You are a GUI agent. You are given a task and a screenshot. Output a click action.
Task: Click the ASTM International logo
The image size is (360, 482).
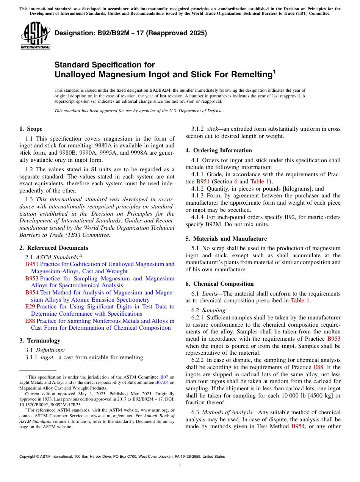(35, 36)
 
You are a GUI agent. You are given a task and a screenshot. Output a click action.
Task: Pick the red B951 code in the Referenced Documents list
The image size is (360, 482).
(31, 264)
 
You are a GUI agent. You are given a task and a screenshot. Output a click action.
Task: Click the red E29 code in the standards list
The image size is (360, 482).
(30, 307)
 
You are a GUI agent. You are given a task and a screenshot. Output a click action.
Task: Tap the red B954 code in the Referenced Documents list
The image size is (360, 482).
(31, 293)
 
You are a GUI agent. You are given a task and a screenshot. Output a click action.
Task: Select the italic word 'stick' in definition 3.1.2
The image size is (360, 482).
(212, 129)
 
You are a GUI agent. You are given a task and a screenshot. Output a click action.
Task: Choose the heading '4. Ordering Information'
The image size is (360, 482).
(219, 150)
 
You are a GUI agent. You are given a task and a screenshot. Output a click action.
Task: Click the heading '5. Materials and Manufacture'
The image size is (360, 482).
(226, 239)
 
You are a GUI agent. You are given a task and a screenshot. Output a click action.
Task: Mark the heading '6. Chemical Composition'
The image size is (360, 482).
(219, 284)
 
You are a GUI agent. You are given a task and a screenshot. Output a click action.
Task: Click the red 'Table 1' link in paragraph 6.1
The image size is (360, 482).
(300, 301)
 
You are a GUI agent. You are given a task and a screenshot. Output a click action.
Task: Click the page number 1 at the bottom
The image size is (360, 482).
(180, 466)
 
